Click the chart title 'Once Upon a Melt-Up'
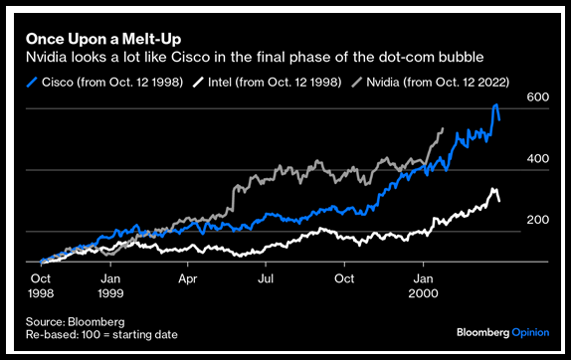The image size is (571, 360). [x=103, y=39]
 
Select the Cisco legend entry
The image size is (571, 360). [x=104, y=83]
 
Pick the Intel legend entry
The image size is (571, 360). [x=267, y=83]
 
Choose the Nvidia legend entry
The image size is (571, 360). [x=431, y=83]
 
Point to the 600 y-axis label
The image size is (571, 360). [x=537, y=97]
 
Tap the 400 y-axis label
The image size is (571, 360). [x=537, y=159]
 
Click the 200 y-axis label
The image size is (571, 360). [x=537, y=220]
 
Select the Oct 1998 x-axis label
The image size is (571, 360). [x=41, y=285]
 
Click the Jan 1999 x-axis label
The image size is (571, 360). [x=110, y=285]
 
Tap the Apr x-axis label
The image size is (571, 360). [x=188, y=278]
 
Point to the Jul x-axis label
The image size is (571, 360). [x=266, y=278]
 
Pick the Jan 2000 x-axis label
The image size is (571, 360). [x=423, y=285]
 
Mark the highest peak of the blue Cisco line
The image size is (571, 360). [x=495, y=104]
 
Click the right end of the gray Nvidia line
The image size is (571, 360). [x=443, y=128]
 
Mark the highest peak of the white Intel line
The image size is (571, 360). [x=493, y=189]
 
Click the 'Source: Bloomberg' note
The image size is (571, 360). [x=75, y=322]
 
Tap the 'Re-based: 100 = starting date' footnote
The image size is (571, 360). [x=101, y=334]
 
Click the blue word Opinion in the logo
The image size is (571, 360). [x=530, y=332]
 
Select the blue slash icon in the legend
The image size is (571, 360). [x=32, y=83]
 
